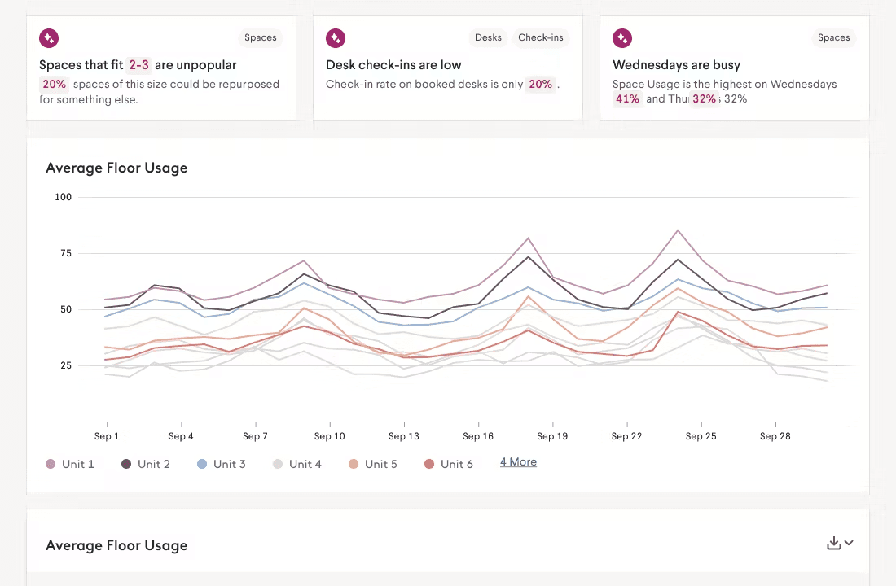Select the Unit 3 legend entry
[222, 464]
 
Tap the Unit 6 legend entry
[449, 464]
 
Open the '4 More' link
[518, 462]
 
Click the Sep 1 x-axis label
[107, 436]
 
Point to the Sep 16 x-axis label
[477, 436]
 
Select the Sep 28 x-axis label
[775, 436]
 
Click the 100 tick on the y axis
[63, 197]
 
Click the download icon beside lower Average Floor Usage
[833, 543]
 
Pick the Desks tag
[488, 37]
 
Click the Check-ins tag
[541, 37]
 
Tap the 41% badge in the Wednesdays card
[627, 98]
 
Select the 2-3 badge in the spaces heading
[138, 65]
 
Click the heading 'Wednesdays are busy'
[676, 65]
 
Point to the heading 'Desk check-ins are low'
[393, 65]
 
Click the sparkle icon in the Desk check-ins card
[335, 37]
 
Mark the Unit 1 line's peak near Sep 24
[678, 230]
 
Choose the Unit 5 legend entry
[373, 464]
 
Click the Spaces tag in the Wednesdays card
[833, 37]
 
